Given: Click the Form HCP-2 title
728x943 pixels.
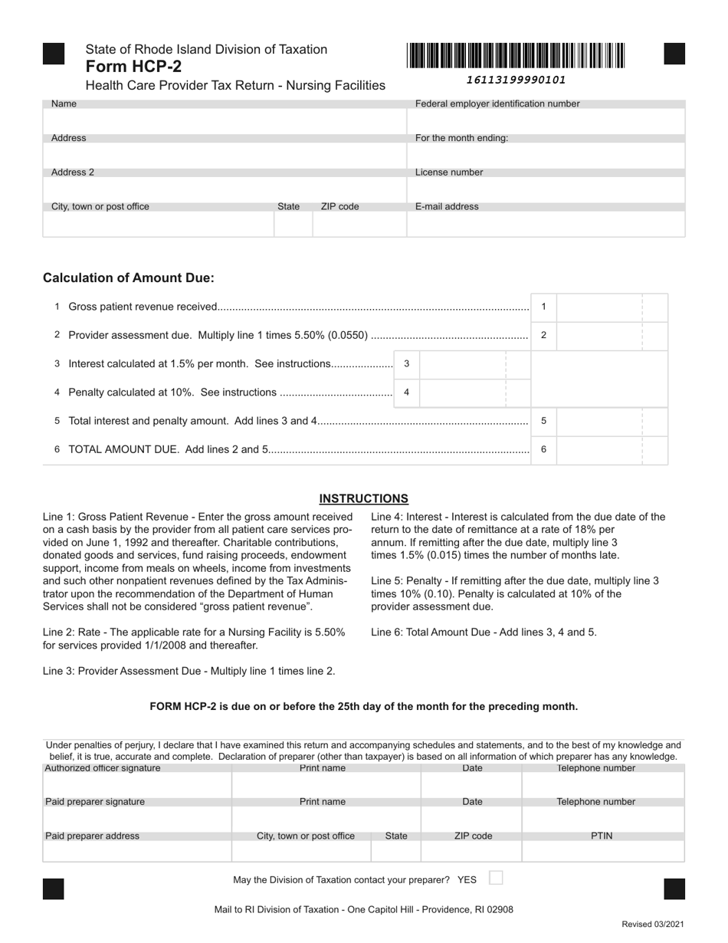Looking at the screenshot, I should click(133, 66).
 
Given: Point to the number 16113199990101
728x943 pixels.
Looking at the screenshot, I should click(516, 80).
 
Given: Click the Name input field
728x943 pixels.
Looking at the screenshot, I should click(225, 121).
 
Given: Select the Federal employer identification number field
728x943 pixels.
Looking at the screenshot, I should click(546, 121).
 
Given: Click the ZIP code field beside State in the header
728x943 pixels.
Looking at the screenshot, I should click(359, 224).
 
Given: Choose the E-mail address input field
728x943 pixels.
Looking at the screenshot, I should click(546, 224).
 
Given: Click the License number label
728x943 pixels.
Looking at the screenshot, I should click(449, 172).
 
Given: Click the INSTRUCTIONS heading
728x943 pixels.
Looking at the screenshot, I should click(363, 498).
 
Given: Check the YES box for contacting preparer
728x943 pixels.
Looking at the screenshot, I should click(496, 878).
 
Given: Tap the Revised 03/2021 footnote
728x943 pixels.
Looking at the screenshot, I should click(652, 925).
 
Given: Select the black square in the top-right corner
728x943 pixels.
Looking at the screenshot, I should click(674, 54).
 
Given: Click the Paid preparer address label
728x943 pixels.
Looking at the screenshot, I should click(93, 836).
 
